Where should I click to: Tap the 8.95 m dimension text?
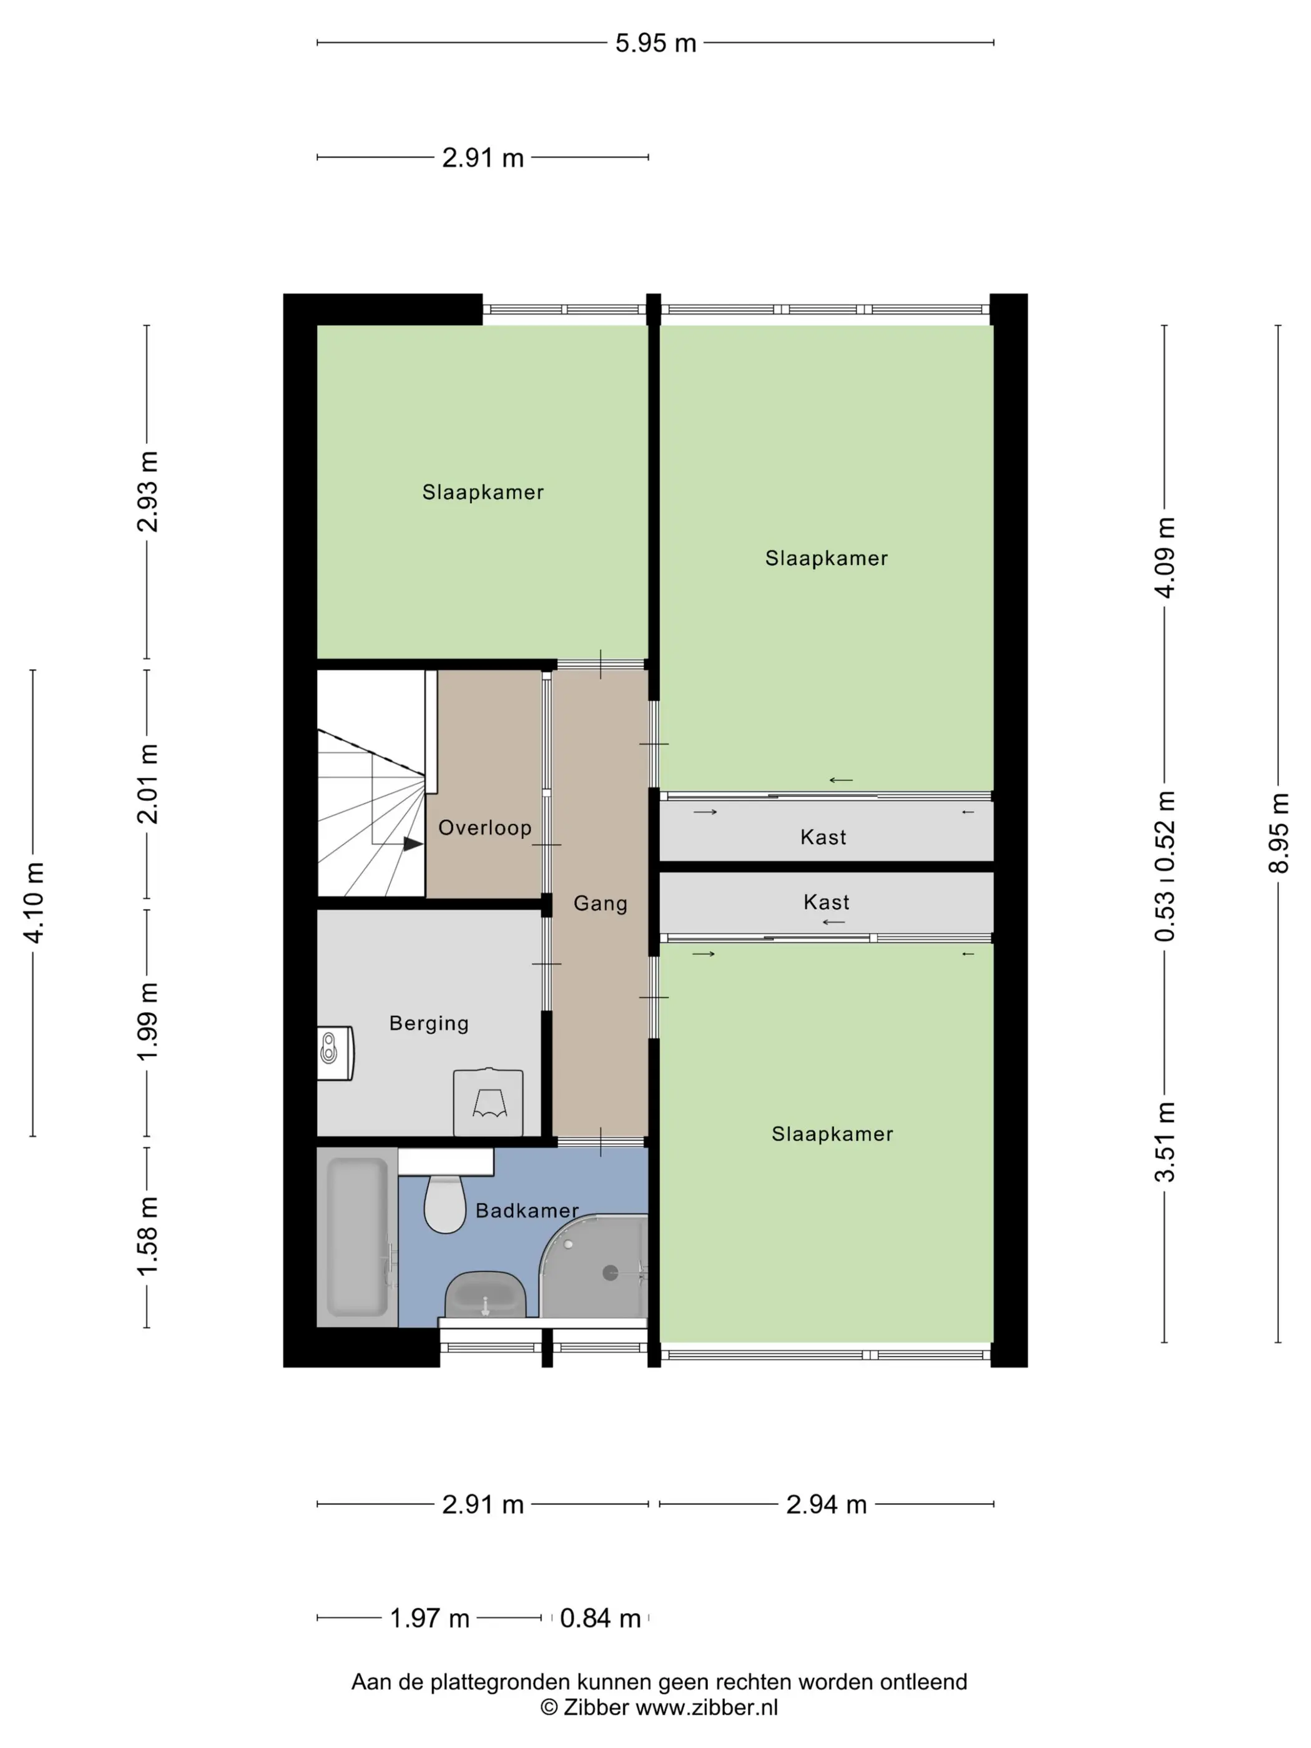[1278, 833]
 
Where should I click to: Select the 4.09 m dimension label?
[1165, 557]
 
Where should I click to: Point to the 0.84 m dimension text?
[600, 1618]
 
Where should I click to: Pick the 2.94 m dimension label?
[826, 1504]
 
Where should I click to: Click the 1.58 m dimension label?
[148, 1236]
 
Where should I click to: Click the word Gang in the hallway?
[601, 903]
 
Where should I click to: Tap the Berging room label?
[429, 1023]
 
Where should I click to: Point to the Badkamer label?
[527, 1210]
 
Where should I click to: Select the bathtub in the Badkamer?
[357, 1237]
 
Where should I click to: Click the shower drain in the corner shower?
[610, 1272]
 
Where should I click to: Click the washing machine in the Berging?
[488, 1102]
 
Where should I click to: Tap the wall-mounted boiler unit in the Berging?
[335, 1053]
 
